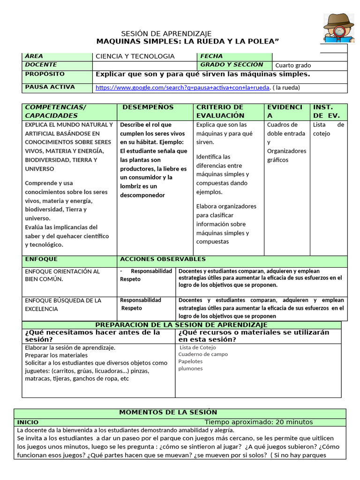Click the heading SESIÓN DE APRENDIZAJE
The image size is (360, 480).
coord(166,34)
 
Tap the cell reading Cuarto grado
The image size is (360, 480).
coord(293,66)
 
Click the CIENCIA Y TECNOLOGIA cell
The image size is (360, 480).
coord(135,56)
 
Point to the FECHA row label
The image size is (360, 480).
coord(211,56)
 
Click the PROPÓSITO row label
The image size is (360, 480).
coord(45,74)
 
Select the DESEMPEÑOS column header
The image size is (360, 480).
coord(148,107)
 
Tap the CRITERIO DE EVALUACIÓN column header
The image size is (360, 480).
coord(220,111)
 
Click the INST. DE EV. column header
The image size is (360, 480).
coord(326,111)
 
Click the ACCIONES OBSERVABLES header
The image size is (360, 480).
coord(163,259)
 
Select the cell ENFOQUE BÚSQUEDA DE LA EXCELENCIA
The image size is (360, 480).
coord(63,304)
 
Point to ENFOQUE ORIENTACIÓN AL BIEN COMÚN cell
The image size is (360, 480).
coord(62,275)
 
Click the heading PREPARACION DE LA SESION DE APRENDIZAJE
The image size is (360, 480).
coord(181,325)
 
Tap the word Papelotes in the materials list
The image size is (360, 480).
coord(190,361)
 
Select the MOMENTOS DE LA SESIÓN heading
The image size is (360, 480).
coord(168,412)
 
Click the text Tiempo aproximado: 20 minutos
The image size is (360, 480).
coord(258,422)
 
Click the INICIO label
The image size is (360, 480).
coord(28,422)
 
